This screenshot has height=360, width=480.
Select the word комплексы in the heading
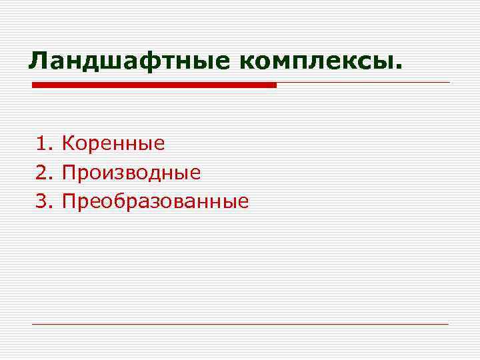(315, 62)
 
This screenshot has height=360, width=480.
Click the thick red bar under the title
(154, 85)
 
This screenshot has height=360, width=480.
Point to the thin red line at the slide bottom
(240, 324)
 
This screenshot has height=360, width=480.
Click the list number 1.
(43, 143)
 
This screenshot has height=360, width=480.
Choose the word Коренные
(113, 143)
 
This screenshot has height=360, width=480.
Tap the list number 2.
(43, 173)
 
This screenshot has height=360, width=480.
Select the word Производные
(131, 173)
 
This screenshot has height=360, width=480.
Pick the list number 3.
(43, 201)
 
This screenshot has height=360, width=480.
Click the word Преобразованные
(155, 201)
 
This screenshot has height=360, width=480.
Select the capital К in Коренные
(68, 143)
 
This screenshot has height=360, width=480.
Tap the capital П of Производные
(69, 173)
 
